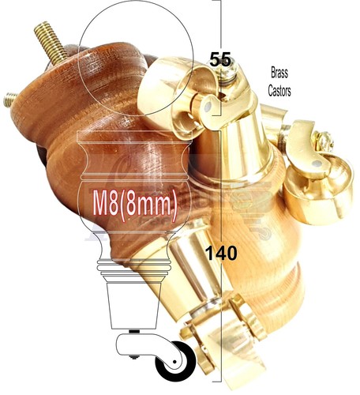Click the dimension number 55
click(x=220, y=59)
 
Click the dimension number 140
click(x=221, y=254)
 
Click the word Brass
click(x=279, y=73)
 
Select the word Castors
click(x=279, y=91)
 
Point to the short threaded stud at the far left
click(x=10, y=100)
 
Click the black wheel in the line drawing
click(x=175, y=361)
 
